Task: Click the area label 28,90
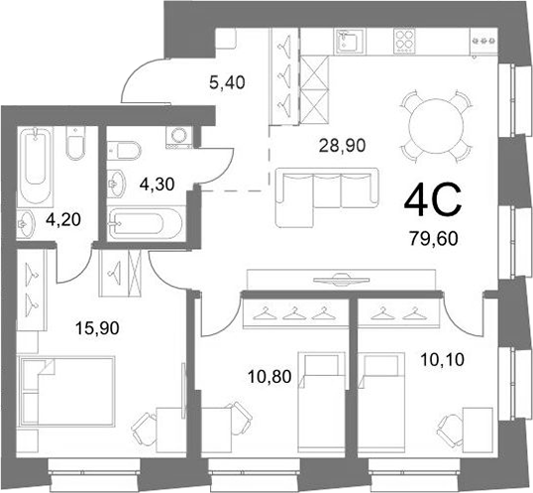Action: point(343,146)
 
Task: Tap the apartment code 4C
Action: point(433,200)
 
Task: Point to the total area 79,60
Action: point(434,238)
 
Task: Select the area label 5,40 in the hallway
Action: point(227,82)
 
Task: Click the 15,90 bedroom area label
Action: point(97,328)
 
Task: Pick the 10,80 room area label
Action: point(269,377)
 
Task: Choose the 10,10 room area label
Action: point(442,360)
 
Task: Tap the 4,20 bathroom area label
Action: point(63,220)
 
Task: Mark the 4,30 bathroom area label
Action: point(158,185)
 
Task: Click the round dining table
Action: point(437,126)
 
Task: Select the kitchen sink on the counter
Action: point(349,41)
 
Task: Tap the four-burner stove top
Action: point(404,41)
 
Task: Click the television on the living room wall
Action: point(341,279)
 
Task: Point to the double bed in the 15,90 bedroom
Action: point(67,391)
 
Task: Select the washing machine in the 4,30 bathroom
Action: point(178,137)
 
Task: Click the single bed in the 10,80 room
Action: point(322,403)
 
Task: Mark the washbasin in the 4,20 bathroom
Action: point(26,223)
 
